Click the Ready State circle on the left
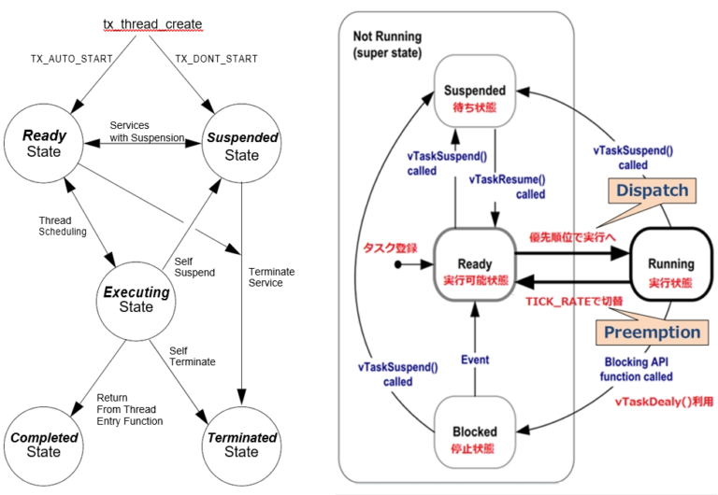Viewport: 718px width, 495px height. click(44, 144)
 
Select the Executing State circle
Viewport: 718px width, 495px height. click(136, 299)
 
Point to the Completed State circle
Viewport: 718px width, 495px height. click(44, 445)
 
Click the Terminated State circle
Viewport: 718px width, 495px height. click(242, 445)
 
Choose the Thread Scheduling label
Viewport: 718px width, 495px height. click(62, 226)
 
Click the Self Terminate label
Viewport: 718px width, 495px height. click(192, 356)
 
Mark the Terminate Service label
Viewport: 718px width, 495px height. click(272, 277)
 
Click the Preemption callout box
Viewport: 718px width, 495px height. click(652, 332)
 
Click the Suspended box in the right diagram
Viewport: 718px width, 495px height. click(475, 96)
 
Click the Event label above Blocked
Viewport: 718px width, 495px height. click(474, 360)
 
